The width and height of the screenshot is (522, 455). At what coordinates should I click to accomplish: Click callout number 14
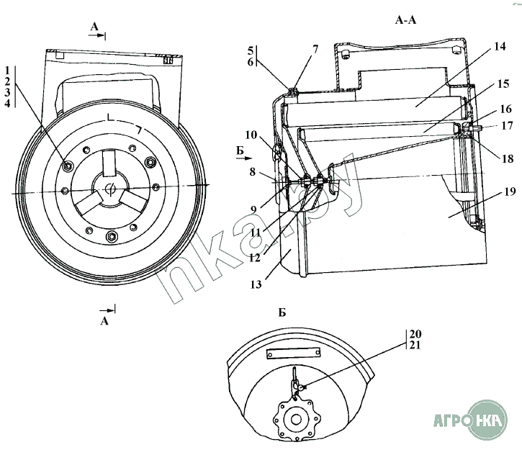click(x=499, y=46)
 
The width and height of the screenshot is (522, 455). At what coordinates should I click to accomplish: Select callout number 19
click(x=510, y=192)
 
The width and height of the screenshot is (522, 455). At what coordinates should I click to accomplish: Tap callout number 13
click(x=256, y=284)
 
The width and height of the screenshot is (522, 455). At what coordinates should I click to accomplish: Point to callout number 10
click(x=251, y=135)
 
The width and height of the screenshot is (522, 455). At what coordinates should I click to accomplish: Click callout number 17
click(x=507, y=126)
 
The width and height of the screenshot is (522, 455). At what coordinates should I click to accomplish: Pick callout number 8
click(x=252, y=172)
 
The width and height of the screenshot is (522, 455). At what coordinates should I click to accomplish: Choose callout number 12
click(x=255, y=258)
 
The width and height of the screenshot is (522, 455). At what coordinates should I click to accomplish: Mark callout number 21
click(x=415, y=345)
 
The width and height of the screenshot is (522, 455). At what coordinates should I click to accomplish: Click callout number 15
click(x=503, y=84)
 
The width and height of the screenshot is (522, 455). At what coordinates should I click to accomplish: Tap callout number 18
click(x=508, y=159)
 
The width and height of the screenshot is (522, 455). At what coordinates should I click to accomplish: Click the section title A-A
click(x=405, y=20)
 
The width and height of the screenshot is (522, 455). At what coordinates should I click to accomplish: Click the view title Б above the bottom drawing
click(x=282, y=312)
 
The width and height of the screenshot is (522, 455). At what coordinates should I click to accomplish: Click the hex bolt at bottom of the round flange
click(x=110, y=237)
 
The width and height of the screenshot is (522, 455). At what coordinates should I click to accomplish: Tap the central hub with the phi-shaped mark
click(x=110, y=189)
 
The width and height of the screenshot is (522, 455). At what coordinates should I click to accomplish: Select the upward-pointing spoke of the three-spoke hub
click(x=109, y=163)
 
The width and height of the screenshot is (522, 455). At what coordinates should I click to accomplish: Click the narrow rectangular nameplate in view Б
click(x=293, y=353)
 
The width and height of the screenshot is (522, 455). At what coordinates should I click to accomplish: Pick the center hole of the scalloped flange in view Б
click(x=296, y=420)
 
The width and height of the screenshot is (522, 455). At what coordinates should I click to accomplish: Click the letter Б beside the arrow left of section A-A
click(x=240, y=150)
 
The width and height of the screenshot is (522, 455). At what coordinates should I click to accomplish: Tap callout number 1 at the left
click(x=8, y=71)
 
